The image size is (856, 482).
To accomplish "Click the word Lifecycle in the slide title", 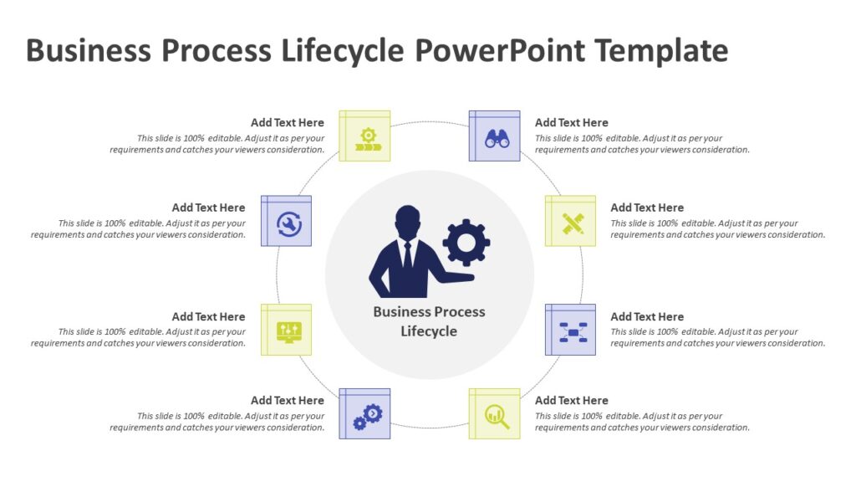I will click(342, 51).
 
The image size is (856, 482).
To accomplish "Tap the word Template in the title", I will click(661, 51).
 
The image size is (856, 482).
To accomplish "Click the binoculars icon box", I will click(495, 136).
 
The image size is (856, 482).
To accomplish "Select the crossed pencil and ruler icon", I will click(571, 222).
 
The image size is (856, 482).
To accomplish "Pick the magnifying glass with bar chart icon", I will click(495, 413).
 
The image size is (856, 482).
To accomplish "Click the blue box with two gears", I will click(365, 414).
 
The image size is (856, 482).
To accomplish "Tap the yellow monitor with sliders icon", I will click(287, 330).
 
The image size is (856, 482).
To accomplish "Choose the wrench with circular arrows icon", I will click(287, 222).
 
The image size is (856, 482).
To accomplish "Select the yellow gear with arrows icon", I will click(365, 136).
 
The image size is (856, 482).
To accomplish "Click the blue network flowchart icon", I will click(571, 331).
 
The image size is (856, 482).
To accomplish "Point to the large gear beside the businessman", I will click(466, 243).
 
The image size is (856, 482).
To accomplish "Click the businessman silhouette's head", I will click(406, 223).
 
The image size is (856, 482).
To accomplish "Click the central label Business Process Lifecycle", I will click(429, 321).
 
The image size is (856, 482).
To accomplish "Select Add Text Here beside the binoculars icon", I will click(572, 122).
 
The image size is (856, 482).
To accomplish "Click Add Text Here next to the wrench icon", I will click(209, 208).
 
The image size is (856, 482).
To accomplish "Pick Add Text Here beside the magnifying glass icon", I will click(572, 400).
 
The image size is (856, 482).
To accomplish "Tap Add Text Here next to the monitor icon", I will click(209, 316).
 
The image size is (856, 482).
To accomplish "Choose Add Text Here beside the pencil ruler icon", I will click(647, 208).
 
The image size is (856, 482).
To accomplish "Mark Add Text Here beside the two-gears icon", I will click(288, 400).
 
